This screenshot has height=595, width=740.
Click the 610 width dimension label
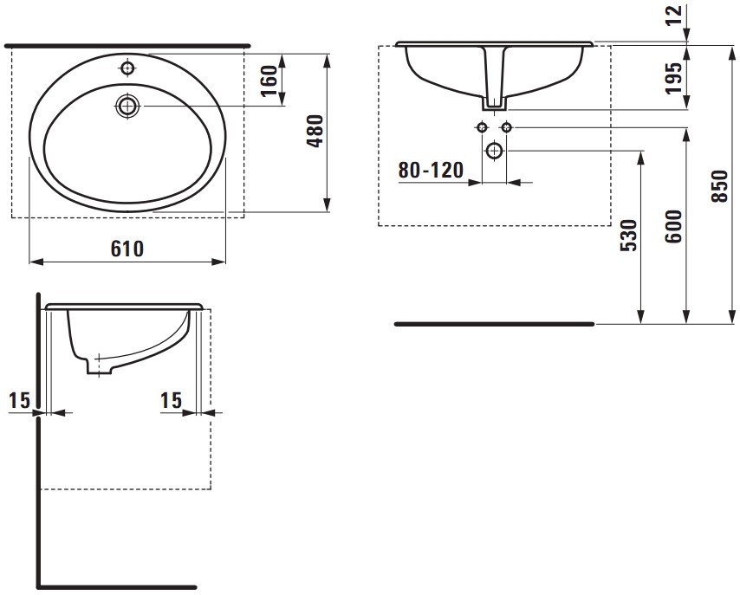(x=127, y=249)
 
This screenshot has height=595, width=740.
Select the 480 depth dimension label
(x=315, y=131)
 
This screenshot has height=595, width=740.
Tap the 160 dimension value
(x=269, y=81)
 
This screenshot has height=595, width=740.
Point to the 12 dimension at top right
(x=675, y=14)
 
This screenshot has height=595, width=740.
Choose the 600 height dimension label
(x=675, y=227)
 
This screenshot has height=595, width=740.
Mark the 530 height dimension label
(x=630, y=235)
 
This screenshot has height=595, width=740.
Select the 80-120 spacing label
(x=431, y=170)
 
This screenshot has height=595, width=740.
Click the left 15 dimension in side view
(x=19, y=400)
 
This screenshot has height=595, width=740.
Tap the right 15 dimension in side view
(x=171, y=400)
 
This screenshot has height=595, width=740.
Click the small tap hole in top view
(x=128, y=68)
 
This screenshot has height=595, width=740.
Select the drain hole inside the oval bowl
(x=128, y=106)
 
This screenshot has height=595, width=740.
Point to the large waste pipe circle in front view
(x=495, y=151)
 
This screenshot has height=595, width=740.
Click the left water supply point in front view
(x=482, y=128)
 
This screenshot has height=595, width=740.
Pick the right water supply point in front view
(x=507, y=128)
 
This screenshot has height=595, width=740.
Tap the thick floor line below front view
(x=494, y=324)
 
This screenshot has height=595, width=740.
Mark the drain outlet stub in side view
(x=97, y=367)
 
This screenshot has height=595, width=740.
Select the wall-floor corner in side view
(x=39, y=585)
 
